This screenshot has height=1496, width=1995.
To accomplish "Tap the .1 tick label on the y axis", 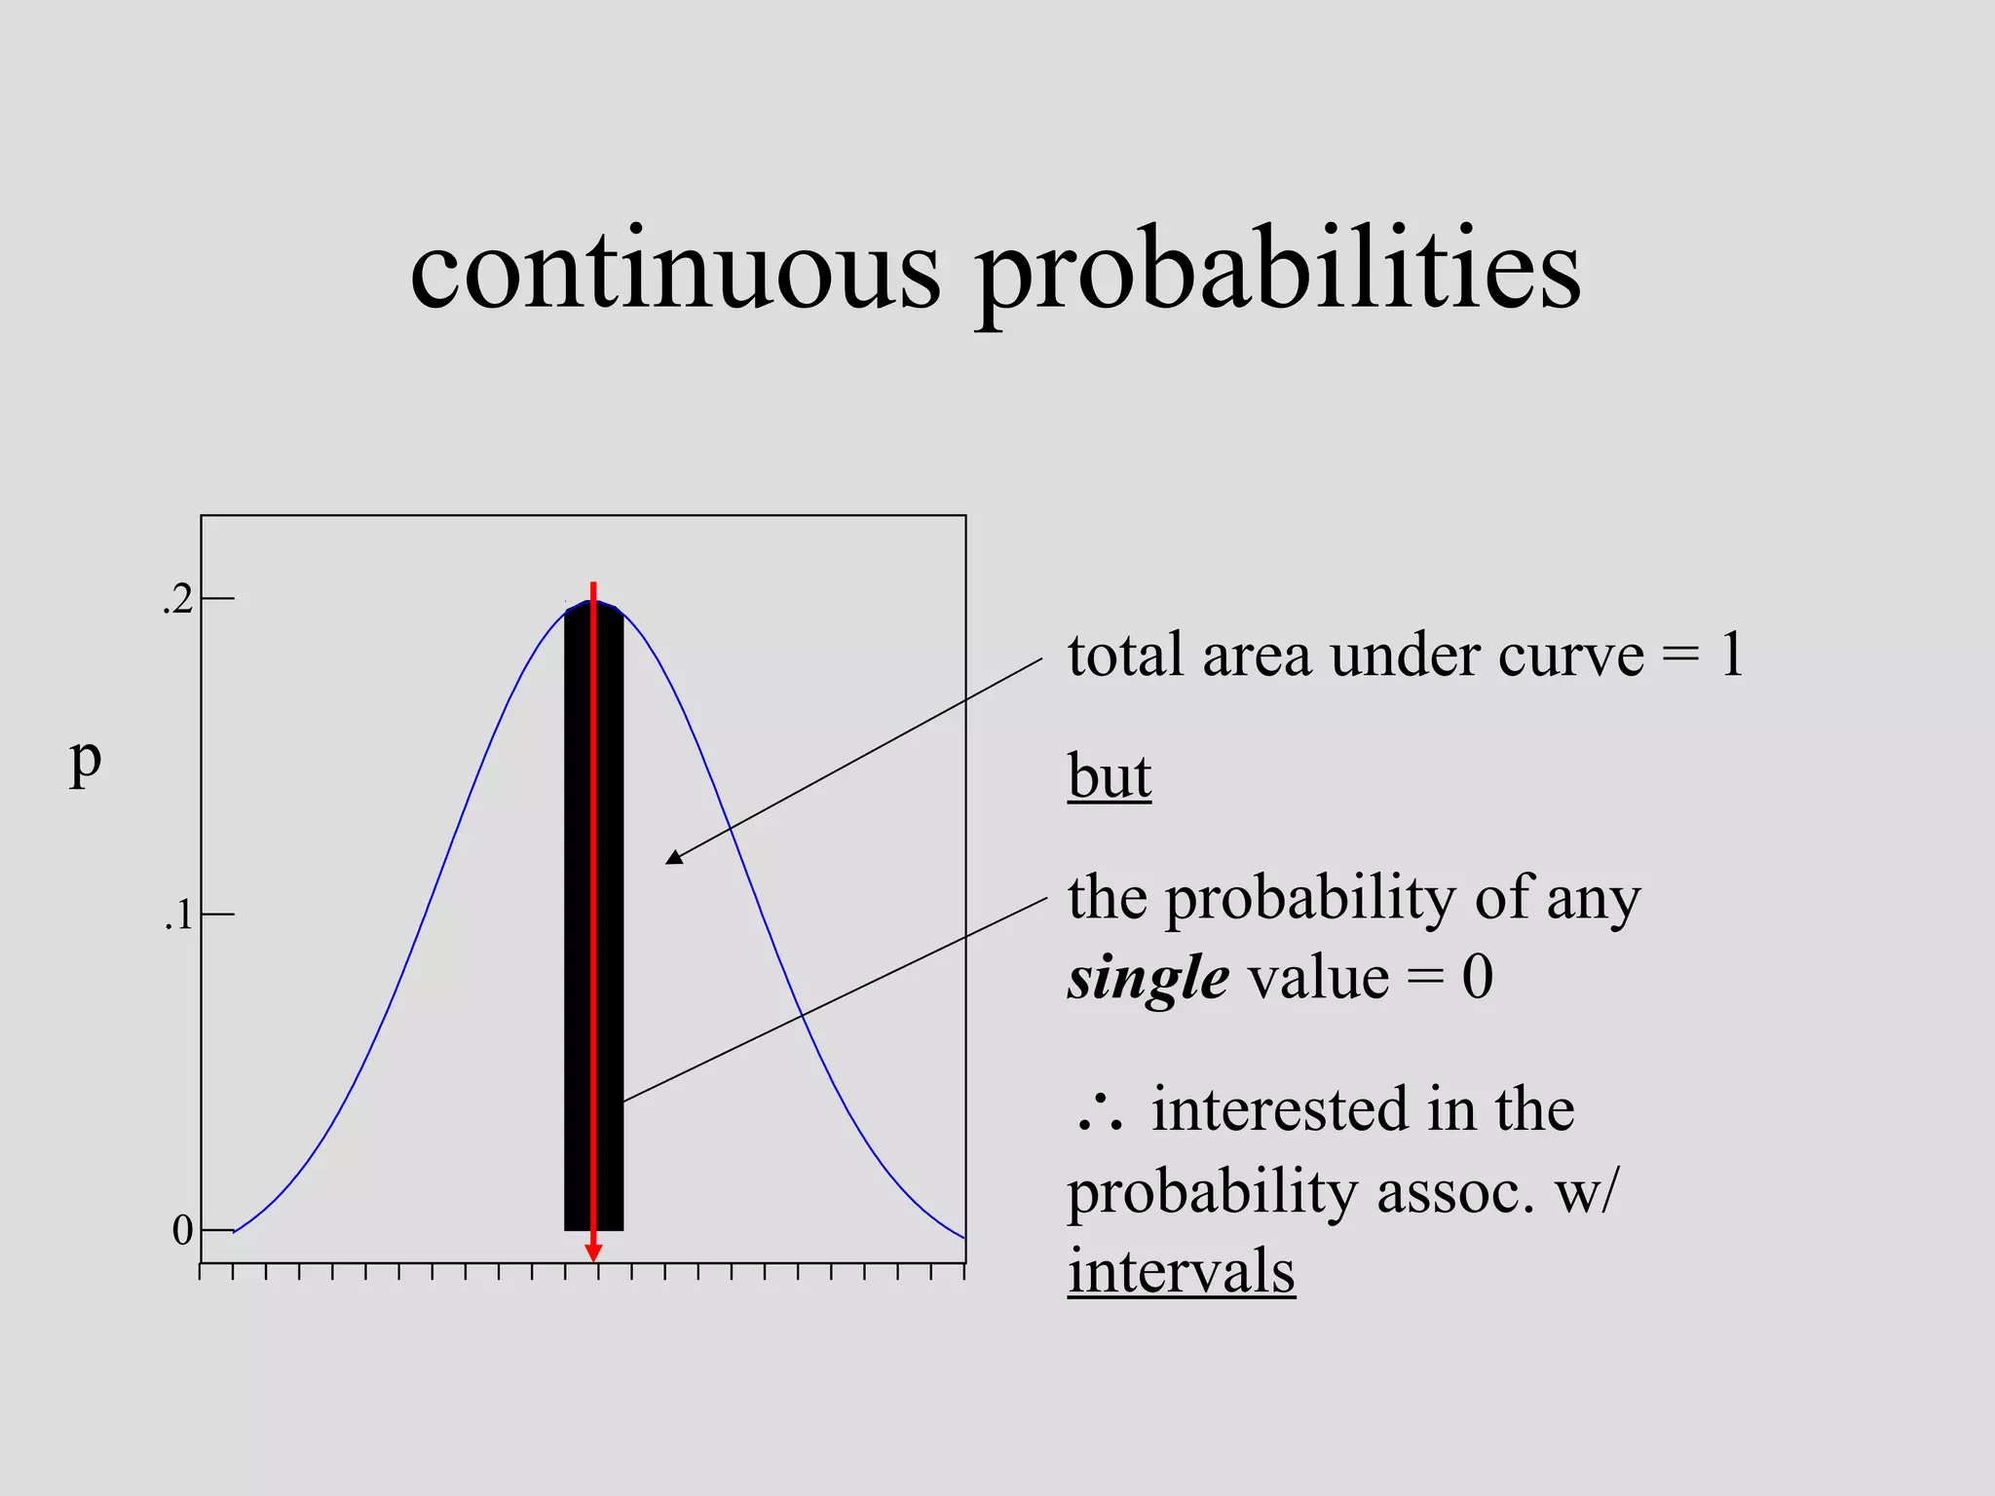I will pyautogui.click(x=178, y=916).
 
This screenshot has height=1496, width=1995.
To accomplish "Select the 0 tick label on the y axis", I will pyautogui.click(x=182, y=1231).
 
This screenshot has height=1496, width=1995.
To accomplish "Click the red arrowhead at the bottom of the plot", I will pyautogui.click(x=593, y=1253).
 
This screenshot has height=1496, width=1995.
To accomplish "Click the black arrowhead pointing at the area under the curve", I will pyautogui.click(x=674, y=857).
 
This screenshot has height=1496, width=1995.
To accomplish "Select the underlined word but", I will pyautogui.click(x=1109, y=777).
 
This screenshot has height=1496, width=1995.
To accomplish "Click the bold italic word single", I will pyautogui.click(x=1148, y=979).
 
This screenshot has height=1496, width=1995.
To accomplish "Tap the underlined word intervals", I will pyautogui.click(x=1181, y=1272).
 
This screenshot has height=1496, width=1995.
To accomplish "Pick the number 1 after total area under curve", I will pyautogui.click(x=1731, y=655).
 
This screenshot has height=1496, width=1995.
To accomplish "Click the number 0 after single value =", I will pyautogui.click(x=1477, y=978).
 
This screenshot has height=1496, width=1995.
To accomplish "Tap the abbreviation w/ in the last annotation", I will pyautogui.click(x=1586, y=1192).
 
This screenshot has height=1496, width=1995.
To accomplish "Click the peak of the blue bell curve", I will pyautogui.click(x=594, y=602).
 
